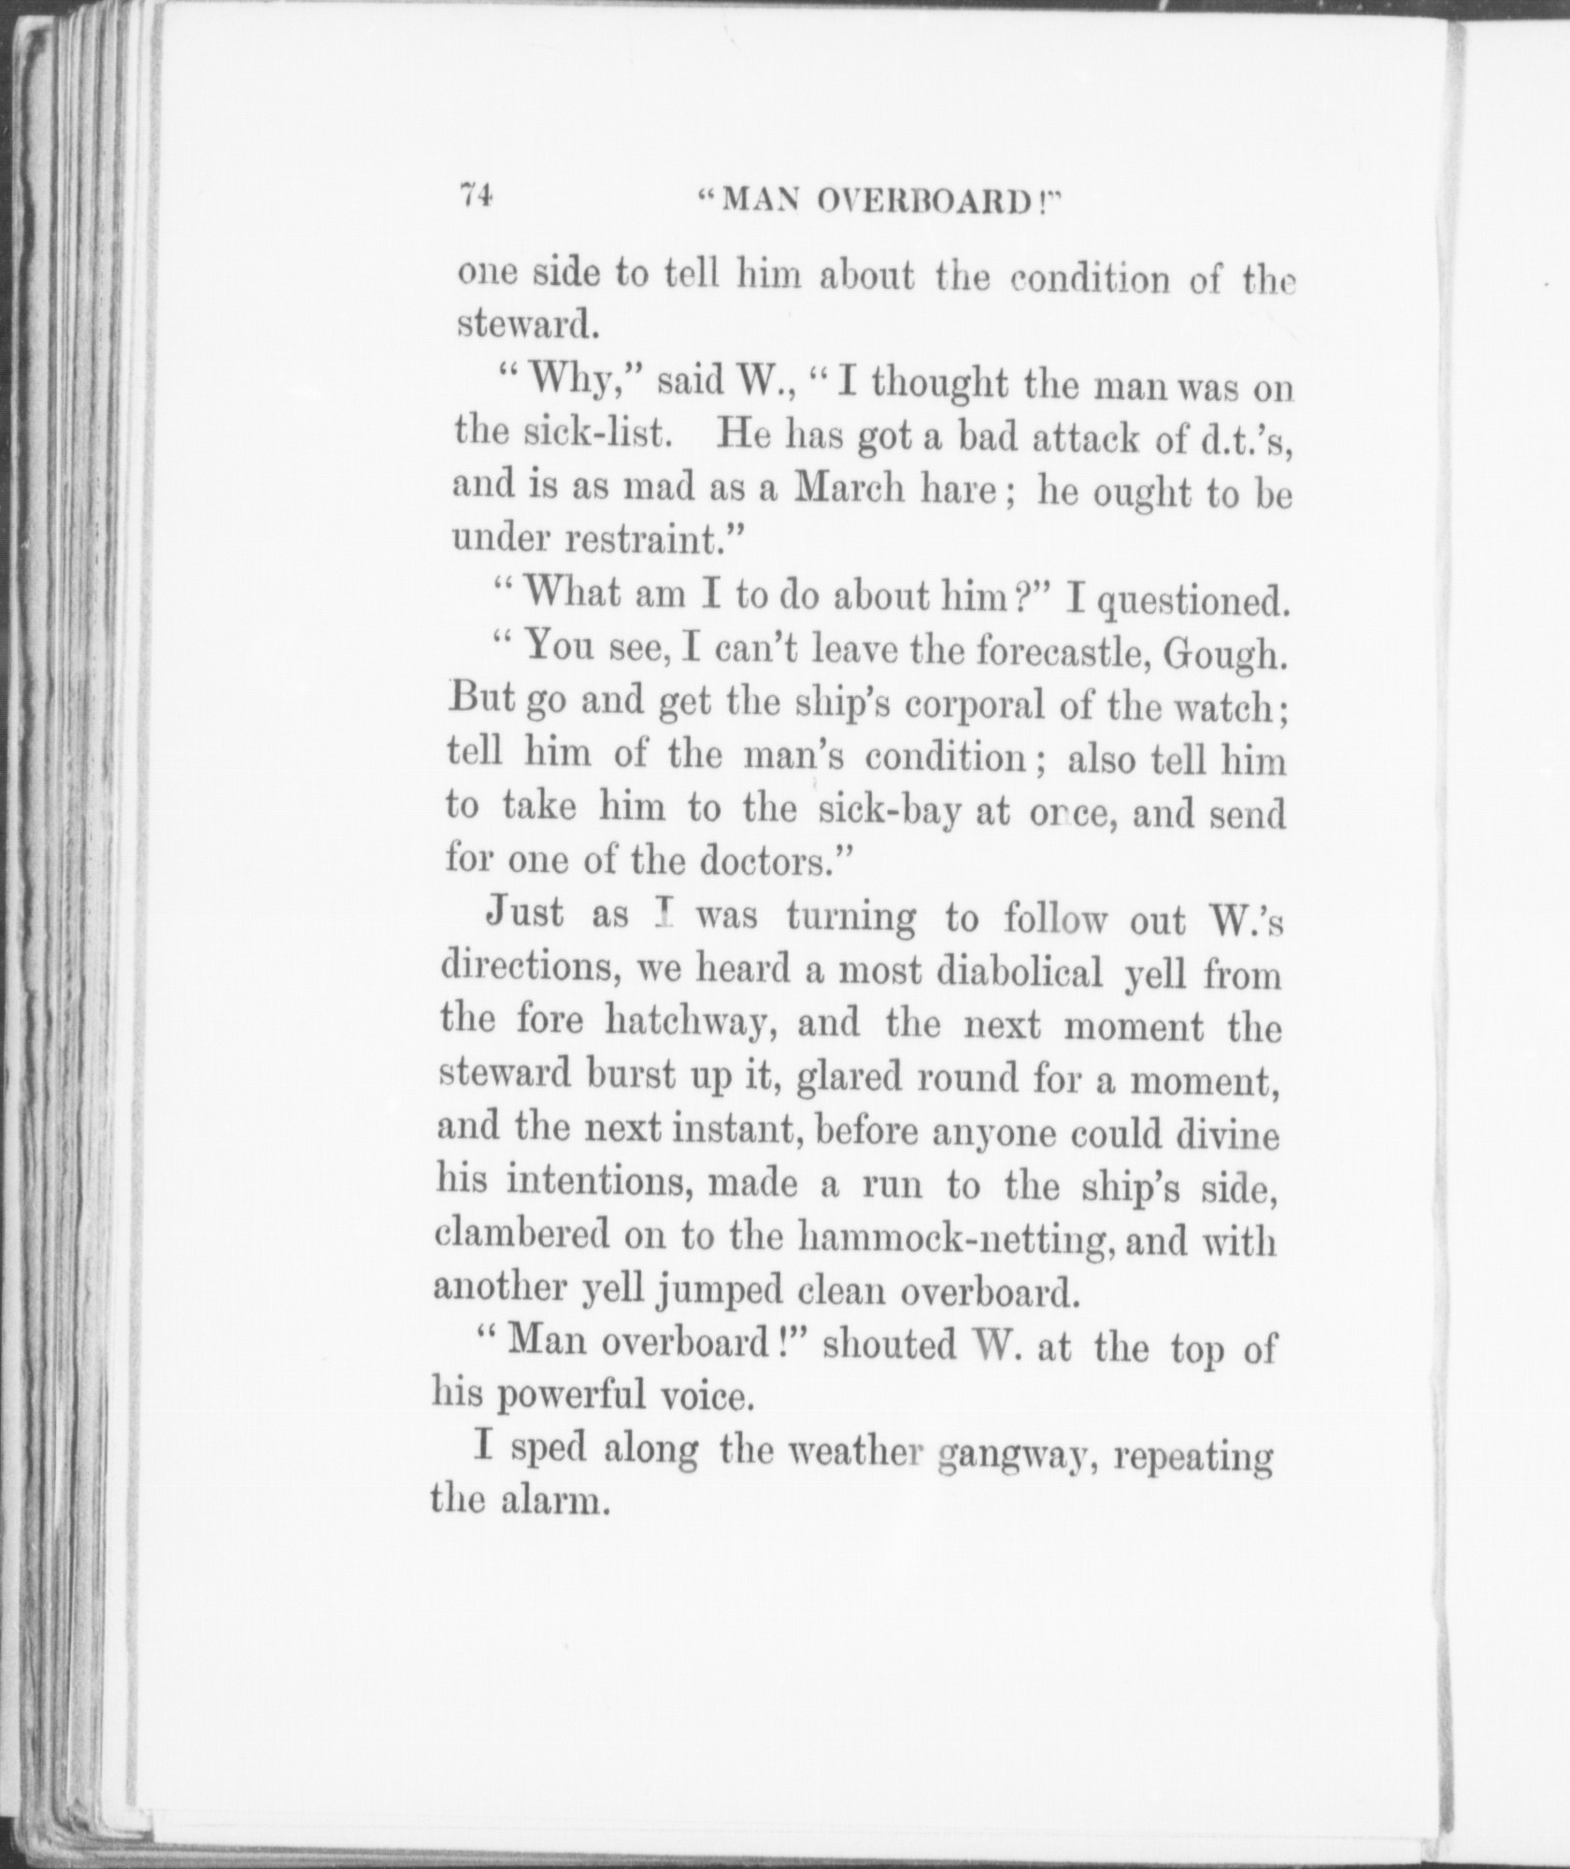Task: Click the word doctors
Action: (x=765, y=860)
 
